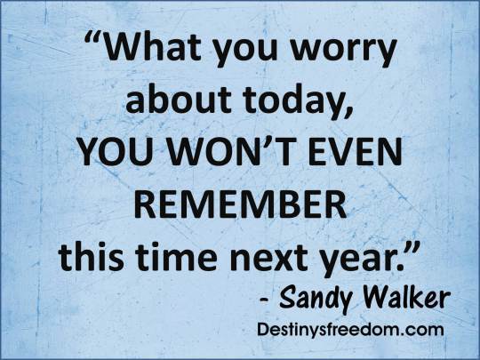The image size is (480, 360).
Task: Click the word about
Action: point(172,102)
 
